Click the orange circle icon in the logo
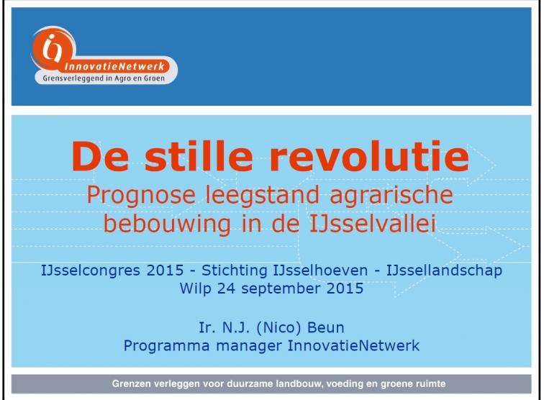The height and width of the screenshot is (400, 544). point(53,49)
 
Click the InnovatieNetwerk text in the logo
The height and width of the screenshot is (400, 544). point(114,67)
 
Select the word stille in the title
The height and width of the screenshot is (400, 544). point(199,156)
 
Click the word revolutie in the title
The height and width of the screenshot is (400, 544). point(369,156)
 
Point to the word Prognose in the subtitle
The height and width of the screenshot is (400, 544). point(141,196)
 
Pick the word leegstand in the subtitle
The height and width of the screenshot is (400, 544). point(262,196)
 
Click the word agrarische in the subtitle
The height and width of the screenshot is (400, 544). point(391,196)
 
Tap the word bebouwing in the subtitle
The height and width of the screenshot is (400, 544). point(167,224)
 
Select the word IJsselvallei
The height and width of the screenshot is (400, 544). point(372,224)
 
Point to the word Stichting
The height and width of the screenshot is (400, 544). point(234,271)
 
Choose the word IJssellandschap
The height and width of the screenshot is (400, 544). point(444,271)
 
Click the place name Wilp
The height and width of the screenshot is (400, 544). point(195,289)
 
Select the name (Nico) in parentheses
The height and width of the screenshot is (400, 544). point(278,328)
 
